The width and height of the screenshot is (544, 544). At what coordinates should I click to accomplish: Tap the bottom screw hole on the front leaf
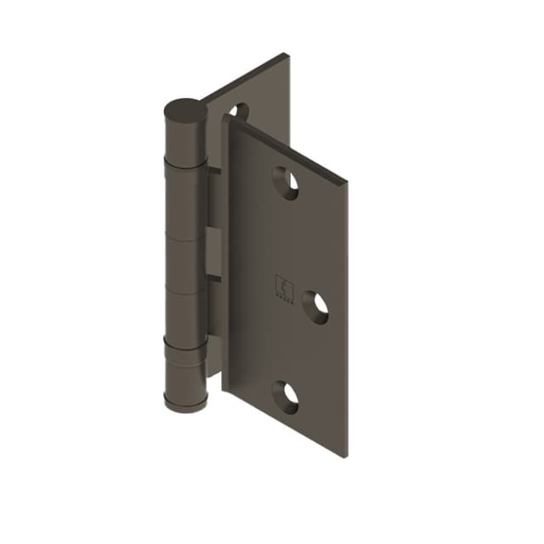tap(286, 394)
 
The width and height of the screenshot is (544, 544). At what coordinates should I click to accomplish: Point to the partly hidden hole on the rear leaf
tap(239, 111)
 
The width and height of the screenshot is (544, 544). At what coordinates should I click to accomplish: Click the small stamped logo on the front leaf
tap(282, 286)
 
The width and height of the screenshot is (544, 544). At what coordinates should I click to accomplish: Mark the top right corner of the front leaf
tap(347, 182)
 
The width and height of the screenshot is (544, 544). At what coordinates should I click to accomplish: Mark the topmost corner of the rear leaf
tap(286, 55)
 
